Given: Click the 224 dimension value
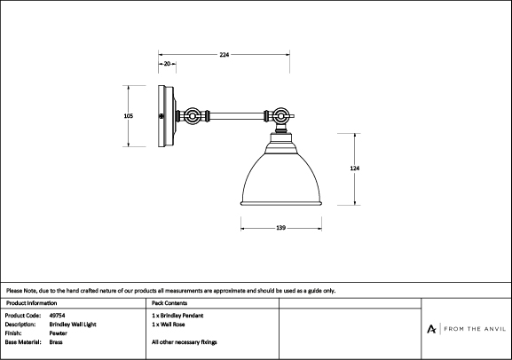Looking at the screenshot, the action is tap(224, 54).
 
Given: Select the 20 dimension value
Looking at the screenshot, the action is tap(167, 64).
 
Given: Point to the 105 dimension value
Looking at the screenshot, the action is tap(129, 116).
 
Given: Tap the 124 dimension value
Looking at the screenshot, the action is tap(355, 168).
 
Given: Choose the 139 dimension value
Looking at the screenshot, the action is tap(280, 228).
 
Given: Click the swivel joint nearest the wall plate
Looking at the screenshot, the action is tap(192, 116).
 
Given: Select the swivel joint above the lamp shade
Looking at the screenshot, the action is tap(280, 116).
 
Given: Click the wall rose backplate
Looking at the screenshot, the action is tap(167, 116).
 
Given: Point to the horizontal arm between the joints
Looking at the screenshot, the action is tap(237, 116).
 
